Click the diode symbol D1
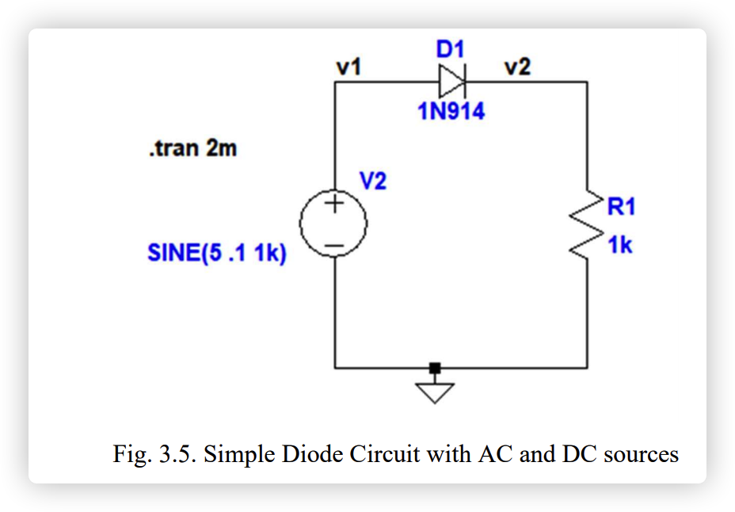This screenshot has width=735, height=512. [452, 81]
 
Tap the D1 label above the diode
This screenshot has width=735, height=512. [450, 50]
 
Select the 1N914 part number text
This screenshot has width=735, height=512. [451, 112]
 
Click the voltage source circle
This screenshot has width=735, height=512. [334, 225]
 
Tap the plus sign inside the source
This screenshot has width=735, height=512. [334, 204]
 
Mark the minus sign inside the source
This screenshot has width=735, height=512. [334, 246]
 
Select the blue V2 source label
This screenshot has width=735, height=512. [373, 181]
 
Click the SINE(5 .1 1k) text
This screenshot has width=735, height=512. [216, 254]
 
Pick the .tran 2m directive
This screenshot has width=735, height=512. [192, 148]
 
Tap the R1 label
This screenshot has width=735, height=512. [621, 207]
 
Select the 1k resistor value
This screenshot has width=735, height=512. [620, 246]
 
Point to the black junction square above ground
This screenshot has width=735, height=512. [434, 368]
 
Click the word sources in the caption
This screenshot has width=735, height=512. [641, 455]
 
